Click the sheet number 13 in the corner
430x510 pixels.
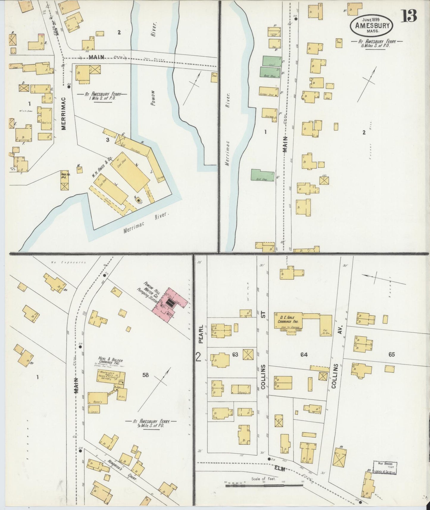click(x=410, y=15)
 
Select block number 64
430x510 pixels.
click(x=304, y=355)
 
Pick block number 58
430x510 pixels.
click(x=145, y=375)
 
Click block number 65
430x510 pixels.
click(x=391, y=355)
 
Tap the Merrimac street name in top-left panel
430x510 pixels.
click(x=64, y=112)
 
